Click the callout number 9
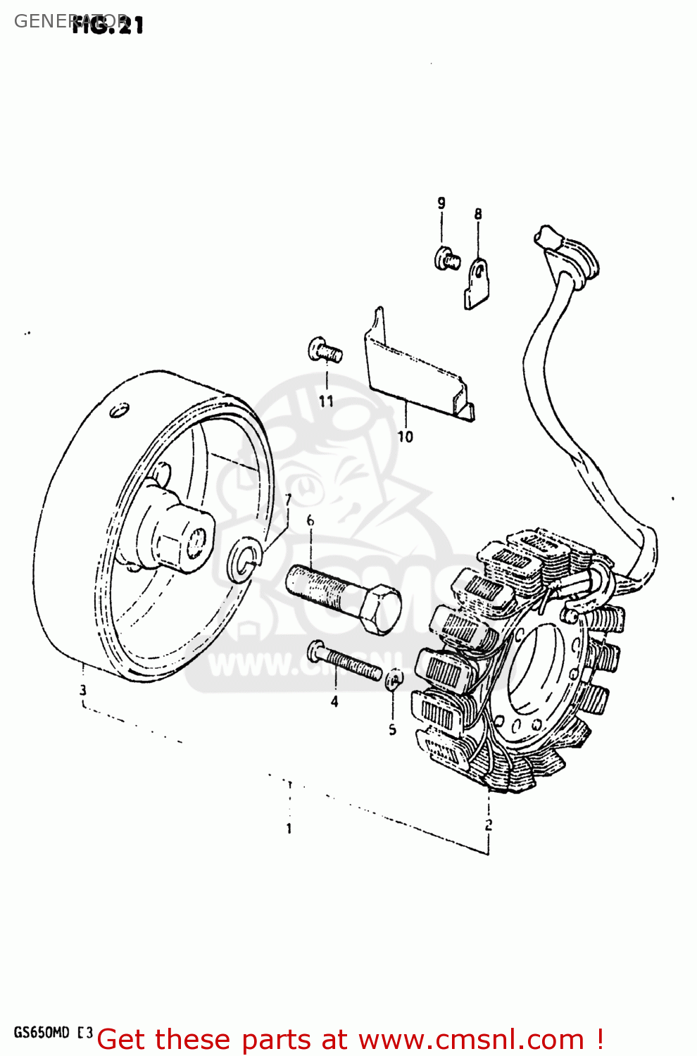(441, 203)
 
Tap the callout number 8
(478, 214)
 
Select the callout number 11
(326, 401)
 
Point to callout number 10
(406, 436)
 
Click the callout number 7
(287, 500)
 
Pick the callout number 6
(310, 521)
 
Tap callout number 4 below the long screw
(334, 701)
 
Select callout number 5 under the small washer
(393, 730)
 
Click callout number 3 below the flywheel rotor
(83, 690)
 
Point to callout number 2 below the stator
(489, 824)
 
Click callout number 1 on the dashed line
(289, 829)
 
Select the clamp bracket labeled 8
(477, 283)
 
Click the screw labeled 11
(324, 350)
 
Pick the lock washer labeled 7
(244, 559)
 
